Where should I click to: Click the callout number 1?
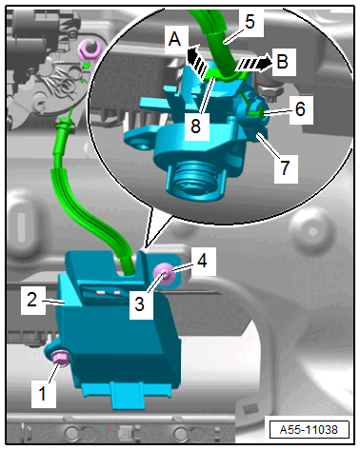42,393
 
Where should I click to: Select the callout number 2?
31,300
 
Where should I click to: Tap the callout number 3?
140,304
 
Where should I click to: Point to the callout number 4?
202,261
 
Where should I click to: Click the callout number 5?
250,22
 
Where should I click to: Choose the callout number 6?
300,109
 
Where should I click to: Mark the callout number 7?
285,167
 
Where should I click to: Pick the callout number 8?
196,126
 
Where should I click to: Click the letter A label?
174,40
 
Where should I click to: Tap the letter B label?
282,62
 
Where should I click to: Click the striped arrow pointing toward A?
196,61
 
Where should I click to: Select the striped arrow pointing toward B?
253,64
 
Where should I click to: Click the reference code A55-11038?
309,430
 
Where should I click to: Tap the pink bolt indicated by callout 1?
60,360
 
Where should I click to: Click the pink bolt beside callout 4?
164,274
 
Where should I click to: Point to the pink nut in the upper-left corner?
90,50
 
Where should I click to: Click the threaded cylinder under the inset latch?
194,178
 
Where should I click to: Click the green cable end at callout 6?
256,112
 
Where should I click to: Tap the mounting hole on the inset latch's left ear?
143,146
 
